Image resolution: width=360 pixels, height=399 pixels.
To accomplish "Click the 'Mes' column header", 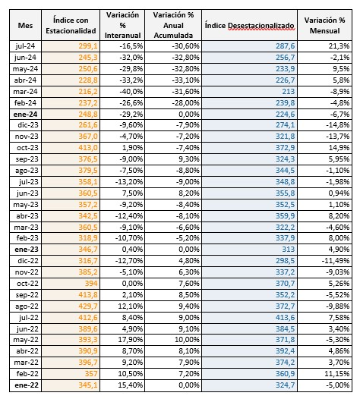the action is pyautogui.click(x=25, y=26).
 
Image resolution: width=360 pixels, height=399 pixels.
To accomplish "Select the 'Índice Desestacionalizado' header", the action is pyautogui.click(x=249, y=26).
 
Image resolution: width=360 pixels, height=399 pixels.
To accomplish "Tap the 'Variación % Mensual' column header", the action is pyautogui.click(x=324, y=26).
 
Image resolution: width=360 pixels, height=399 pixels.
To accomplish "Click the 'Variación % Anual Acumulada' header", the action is pyautogui.click(x=173, y=25).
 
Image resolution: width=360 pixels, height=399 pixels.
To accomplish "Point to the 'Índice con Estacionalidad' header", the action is pyautogui.click(x=71, y=26).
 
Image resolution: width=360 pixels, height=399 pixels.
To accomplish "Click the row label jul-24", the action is pyautogui.click(x=25, y=46).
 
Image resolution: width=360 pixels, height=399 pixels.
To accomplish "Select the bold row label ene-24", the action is pyautogui.click(x=25, y=115).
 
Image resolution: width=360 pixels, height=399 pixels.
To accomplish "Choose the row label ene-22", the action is pyautogui.click(x=27, y=385).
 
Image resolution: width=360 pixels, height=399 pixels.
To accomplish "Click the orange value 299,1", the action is pyautogui.click(x=88, y=46).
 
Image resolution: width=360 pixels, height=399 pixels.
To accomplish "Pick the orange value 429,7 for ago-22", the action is pyautogui.click(x=88, y=306).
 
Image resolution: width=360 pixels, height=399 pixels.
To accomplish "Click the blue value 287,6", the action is pyautogui.click(x=285, y=46).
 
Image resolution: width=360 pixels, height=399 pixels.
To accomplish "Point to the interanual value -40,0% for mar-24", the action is pyautogui.click(x=131, y=91).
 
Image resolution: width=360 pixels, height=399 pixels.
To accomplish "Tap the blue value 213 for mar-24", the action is pyautogui.click(x=288, y=91).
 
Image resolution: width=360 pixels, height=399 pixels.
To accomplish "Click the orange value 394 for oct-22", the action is pyautogui.click(x=91, y=284).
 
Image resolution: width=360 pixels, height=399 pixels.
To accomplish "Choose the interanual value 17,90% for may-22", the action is pyautogui.click(x=131, y=340).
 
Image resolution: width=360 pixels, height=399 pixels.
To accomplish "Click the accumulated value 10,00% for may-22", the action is pyautogui.click(x=187, y=340).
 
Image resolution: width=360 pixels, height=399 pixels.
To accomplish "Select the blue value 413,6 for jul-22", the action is pyautogui.click(x=285, y=318).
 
